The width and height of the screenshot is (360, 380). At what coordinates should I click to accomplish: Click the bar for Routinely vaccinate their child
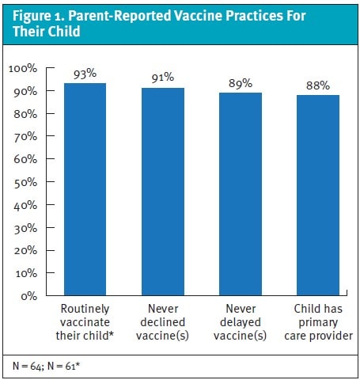pyautogui.click(x=85, y=189)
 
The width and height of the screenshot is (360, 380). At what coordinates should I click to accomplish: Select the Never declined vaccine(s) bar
pyautogui.click(x=163, y=192)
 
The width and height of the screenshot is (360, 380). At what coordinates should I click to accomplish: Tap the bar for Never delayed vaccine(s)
pyautogui.click(x=241, y=194)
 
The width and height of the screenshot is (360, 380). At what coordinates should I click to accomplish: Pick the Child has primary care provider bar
pyautogui.click(x=318, y=195)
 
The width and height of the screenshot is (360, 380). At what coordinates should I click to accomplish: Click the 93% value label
pyautogui.click(x=85, y=74)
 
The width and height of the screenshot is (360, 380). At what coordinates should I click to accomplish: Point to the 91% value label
pyautogui.click(x=163, y=78)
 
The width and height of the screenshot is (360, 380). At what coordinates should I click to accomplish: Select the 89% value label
pyautogui.click(x=241, y=83)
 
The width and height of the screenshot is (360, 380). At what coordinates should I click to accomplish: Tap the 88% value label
pyautogui.click(x=318, y=85)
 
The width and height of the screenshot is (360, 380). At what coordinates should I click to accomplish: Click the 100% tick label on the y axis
pyautogui.click(x=23, y=69)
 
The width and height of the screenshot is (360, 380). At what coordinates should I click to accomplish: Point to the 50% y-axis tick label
pyautogui.click(x=25, y=183)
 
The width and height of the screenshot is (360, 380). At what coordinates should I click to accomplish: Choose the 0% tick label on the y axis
pyautogui.click(x=29, y=296)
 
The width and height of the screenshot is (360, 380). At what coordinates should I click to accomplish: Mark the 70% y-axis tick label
pyautogui.click(x=25, y=137)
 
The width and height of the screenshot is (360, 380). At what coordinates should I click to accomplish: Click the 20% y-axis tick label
pyautogui.click(x=25, y=250)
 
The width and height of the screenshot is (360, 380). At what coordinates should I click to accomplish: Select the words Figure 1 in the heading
pyautogui.click(x=38, y=17)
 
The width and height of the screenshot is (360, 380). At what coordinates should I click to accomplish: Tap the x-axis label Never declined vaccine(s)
pyautogui.click(x=163, y=322)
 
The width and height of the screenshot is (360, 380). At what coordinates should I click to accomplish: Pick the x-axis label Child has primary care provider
pyautogui.click(x=318, y=322)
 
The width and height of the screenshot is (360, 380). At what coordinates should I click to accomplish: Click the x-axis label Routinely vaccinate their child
pyautogui.click(x=85, y=322)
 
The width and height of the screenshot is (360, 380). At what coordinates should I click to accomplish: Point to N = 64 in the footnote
pyautogui.click(x=28, y=367)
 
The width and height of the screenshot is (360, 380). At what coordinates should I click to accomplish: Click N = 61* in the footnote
pyautogui.click(x=63, y=366)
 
